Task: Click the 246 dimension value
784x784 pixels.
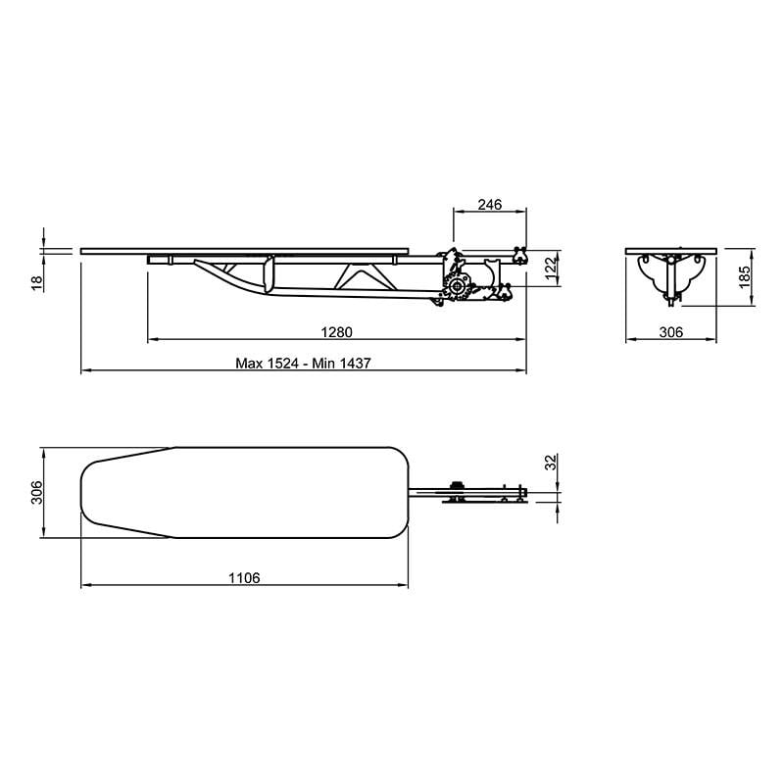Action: click(x=489, y=205)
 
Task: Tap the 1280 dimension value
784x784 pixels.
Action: click(x=336, y=332)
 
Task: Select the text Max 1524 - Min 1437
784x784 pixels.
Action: click(x=303, y=363)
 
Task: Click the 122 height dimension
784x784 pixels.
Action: click(x=551, y=269)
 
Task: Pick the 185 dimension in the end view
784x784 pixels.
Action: click(x=745, y=276)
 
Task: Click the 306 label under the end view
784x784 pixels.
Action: click(x=670, y=332)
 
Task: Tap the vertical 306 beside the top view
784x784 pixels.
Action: click(x=37, y=493)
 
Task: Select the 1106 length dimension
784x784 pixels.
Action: click(x=244, y=578)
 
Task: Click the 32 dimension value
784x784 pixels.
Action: click(x=551, y=462)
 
